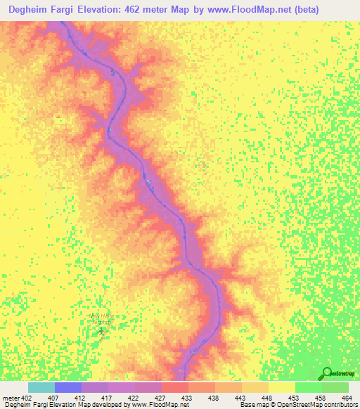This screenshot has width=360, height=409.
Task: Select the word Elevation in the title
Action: click(118, 10)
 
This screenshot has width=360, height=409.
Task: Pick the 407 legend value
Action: click(54, 398)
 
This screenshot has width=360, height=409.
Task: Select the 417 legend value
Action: click(108, 398)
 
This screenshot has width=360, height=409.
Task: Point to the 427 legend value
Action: click(161, 398)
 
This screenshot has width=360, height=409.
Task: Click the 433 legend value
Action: click(188, 398)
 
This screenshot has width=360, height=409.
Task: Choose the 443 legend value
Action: click(241, 398)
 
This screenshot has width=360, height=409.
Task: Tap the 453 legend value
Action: click(295, 398)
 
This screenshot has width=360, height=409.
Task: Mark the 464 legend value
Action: click(348, 398)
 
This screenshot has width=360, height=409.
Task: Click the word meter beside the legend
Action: click(11, 398)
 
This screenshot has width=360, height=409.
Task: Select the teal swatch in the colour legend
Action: click(41, 387)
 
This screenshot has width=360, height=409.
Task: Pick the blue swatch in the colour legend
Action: click(68, 387)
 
